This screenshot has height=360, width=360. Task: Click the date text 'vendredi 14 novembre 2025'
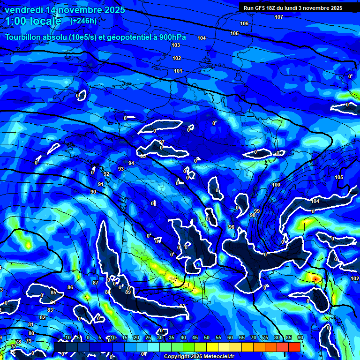65,10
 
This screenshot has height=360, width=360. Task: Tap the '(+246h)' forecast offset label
83,21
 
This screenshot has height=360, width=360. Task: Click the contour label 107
279,17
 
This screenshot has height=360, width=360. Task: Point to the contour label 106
244,23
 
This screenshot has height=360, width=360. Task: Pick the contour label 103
176,45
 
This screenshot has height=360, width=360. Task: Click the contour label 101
178,71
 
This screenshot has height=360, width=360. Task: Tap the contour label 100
276,185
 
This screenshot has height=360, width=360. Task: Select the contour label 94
131,163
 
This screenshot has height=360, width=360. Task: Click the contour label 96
232,227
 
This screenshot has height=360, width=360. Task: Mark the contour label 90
93,192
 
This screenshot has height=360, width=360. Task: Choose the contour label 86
70,287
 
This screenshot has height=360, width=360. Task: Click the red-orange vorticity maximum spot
315,278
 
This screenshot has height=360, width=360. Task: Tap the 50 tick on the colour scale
207,337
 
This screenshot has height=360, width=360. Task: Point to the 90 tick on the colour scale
300,337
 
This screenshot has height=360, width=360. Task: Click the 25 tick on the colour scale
148,337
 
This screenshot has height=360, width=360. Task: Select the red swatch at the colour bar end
294,346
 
